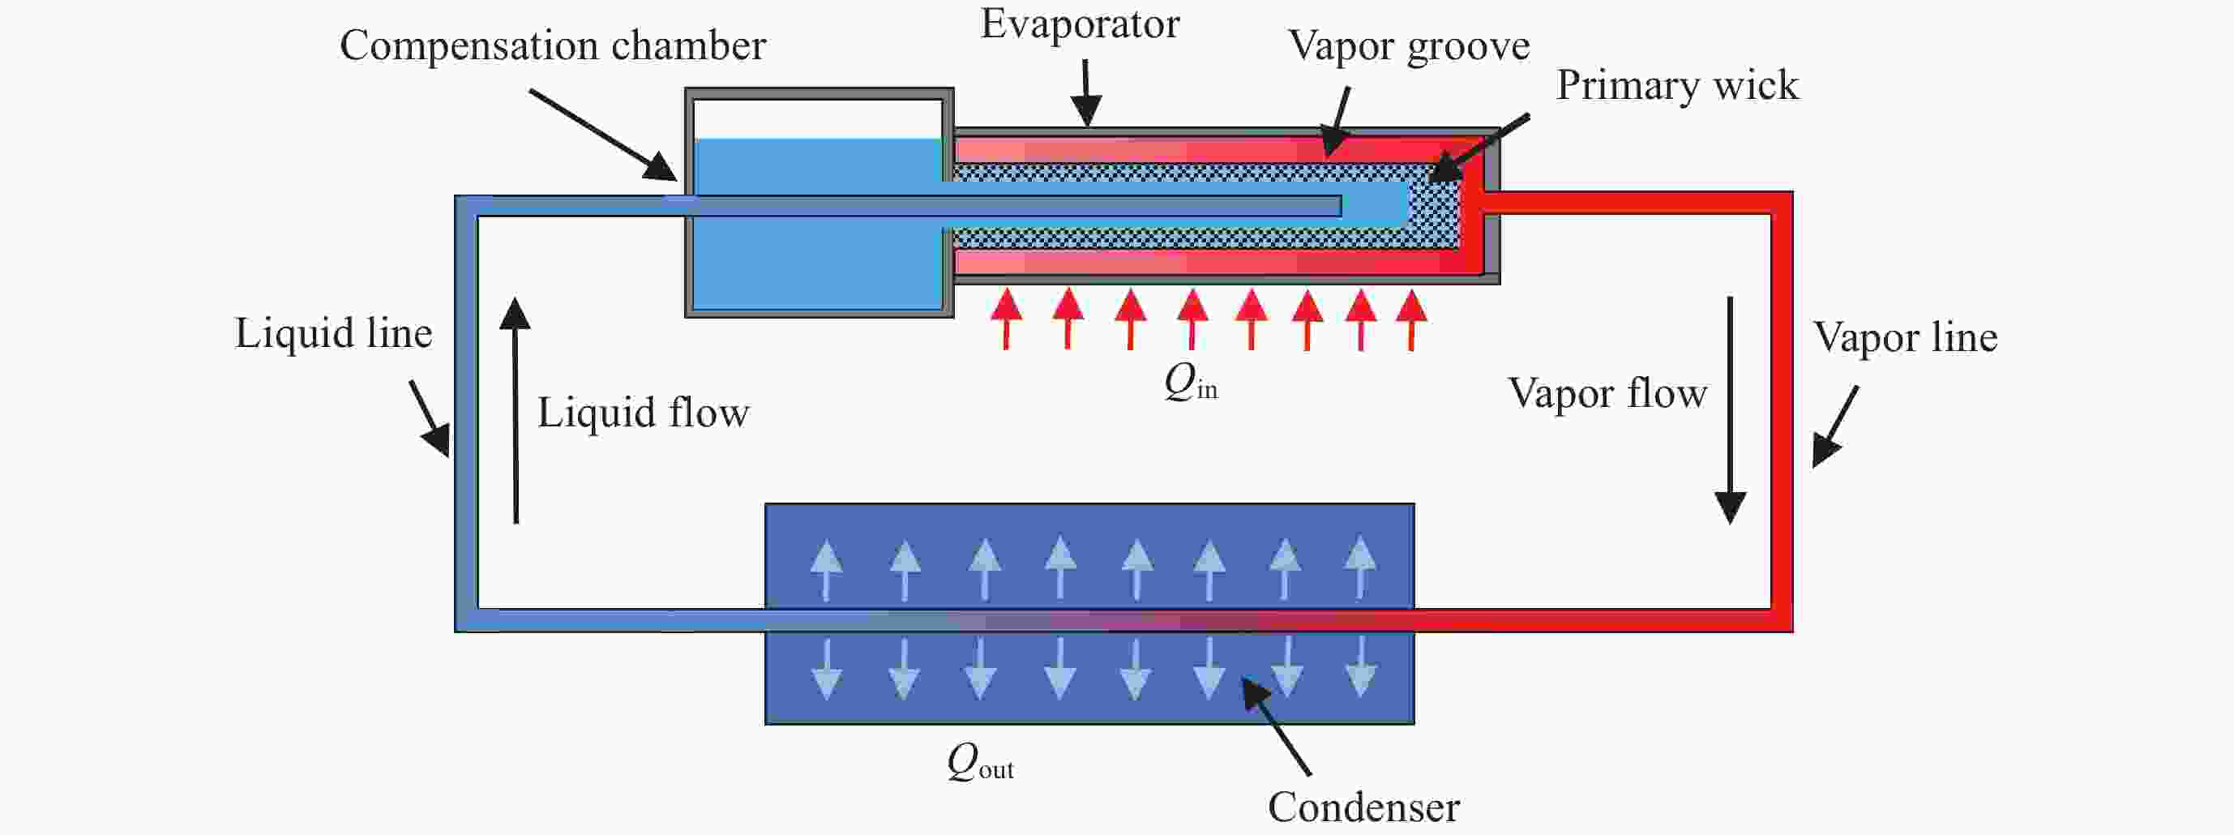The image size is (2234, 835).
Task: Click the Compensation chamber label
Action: tap(553, 46)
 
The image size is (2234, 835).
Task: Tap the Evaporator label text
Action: tap(1080, 24)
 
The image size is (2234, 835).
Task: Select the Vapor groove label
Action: tap(1408, 46)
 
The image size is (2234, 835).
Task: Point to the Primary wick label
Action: tap(1676, 86)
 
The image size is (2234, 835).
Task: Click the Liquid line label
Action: tap(333, 334)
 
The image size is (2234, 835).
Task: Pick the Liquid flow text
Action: tap(643, 413)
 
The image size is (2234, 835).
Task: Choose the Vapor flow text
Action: tap(1607, 394)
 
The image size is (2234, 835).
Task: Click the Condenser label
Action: tap(1363, 807)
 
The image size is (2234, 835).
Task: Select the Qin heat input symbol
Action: tap(1190, 383)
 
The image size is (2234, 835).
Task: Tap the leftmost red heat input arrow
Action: tap(1006, 319)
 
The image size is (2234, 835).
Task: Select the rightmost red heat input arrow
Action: tap(1412, 319)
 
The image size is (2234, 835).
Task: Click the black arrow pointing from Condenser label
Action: tap(1277, 726)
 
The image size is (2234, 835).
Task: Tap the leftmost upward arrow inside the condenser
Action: tap(826, 569)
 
